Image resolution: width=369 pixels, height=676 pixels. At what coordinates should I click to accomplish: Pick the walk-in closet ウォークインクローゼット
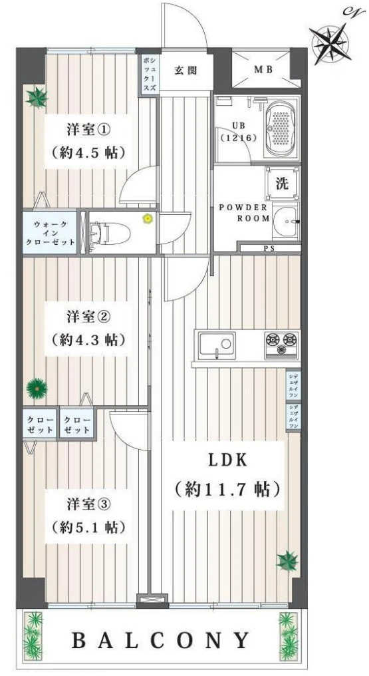[49, 232]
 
